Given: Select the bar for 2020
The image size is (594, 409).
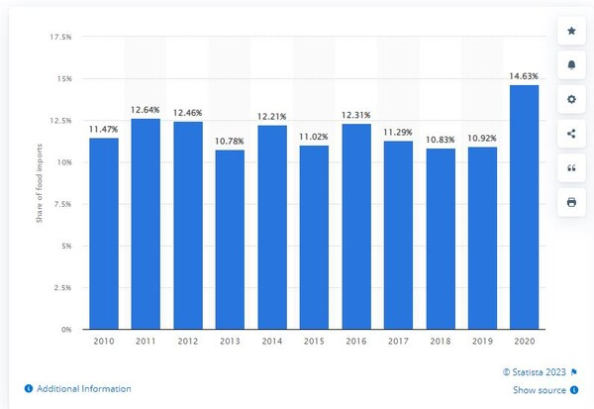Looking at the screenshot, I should pos(524,207).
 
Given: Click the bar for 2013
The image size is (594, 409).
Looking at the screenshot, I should pos(229,239).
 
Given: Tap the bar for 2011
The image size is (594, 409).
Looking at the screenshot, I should pos(145,224).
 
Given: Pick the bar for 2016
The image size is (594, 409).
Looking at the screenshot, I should pos(355,226).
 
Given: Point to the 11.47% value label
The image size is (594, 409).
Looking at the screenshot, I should pos(103,129).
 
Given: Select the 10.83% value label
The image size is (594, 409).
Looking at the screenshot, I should pos(440,140).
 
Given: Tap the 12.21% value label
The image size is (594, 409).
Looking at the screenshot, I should pos(271,117).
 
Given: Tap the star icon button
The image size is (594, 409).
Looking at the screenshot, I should pos(570,31).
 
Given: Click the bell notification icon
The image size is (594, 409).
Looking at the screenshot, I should pos(570,65).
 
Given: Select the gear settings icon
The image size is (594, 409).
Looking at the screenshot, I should pos(570,99).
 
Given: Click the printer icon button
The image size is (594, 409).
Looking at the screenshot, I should pos(570,202).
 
